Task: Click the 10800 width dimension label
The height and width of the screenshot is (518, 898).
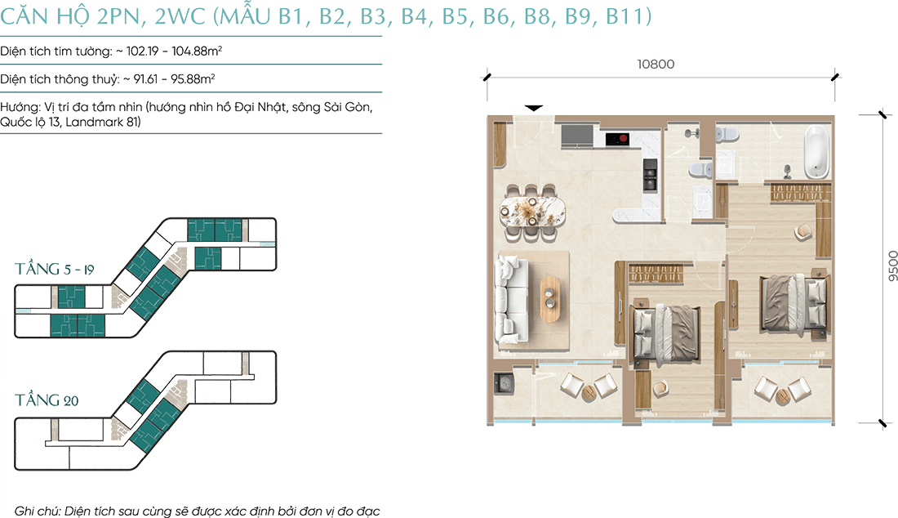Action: tap(656, 65)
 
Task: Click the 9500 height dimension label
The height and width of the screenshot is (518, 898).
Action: tap(892, 266)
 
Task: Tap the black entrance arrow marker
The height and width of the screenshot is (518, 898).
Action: tap(534, 108)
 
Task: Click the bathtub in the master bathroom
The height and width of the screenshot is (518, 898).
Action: tap(816, 150)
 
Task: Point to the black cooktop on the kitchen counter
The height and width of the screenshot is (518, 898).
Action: tap(617, 138)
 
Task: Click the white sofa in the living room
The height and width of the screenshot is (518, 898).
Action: tap(511, 300)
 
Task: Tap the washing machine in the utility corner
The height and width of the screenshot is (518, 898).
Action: tap(505, 382)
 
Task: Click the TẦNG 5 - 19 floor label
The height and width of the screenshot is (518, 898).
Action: tap(55, 269)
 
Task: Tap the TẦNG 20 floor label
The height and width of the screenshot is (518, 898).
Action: tap(47, 400)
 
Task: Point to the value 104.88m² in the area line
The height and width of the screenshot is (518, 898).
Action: tap(197, 51)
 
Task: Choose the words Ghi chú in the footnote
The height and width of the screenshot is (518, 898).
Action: tap(37, 511)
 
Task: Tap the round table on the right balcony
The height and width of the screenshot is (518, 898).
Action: tap(782, 395)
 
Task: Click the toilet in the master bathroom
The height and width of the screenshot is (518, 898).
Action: tap(727, 136)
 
